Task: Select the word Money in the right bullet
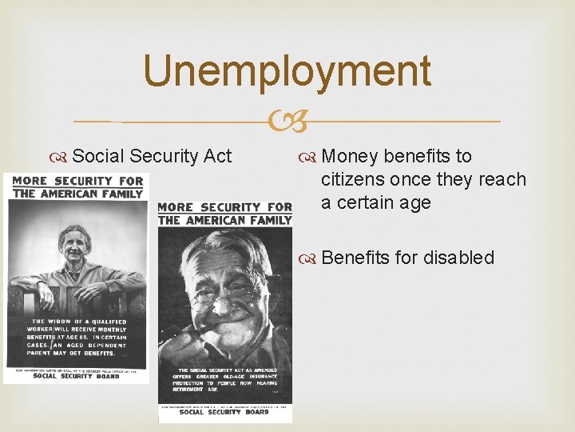tap(350, 156)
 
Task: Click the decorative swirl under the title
tap(287, 122)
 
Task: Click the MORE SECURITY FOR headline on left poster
tap(78, 180)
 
